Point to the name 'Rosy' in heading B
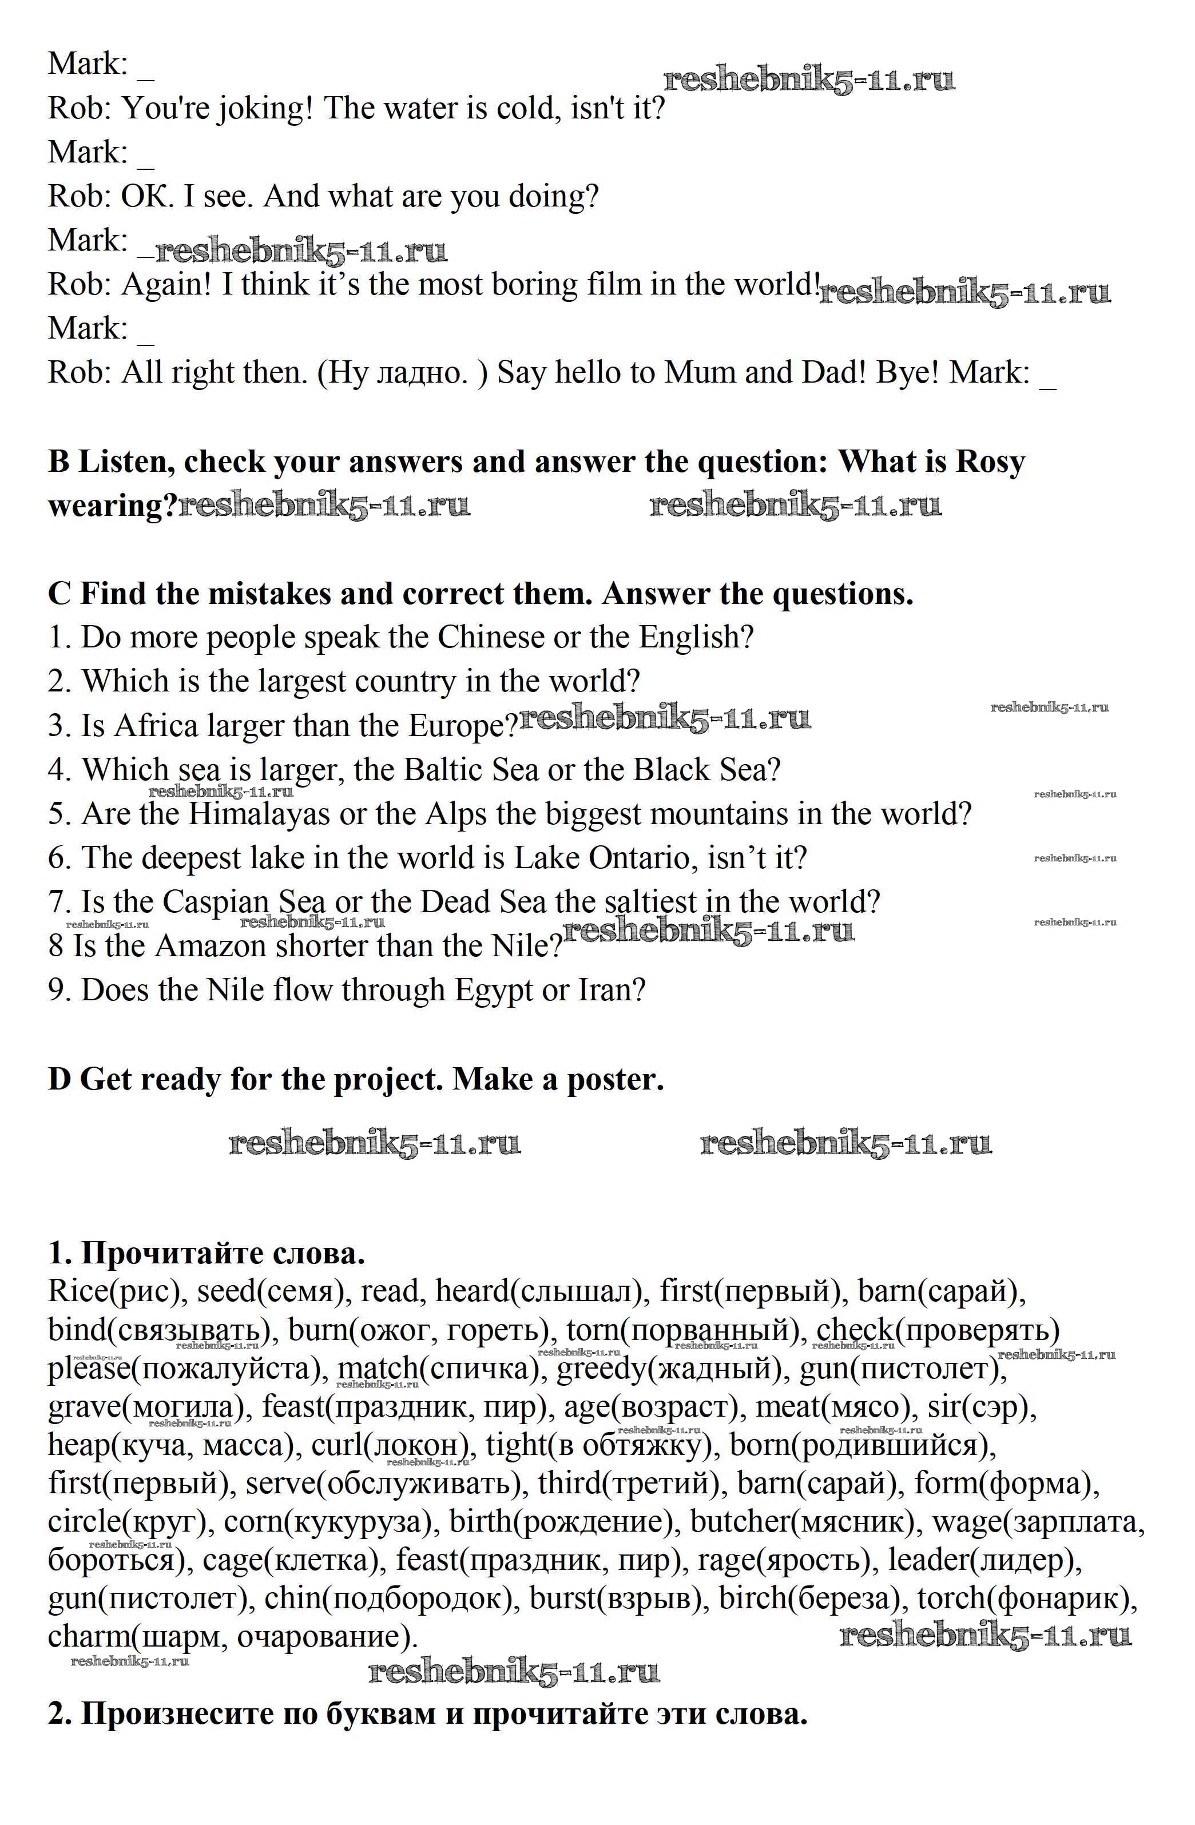click(990, 462)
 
